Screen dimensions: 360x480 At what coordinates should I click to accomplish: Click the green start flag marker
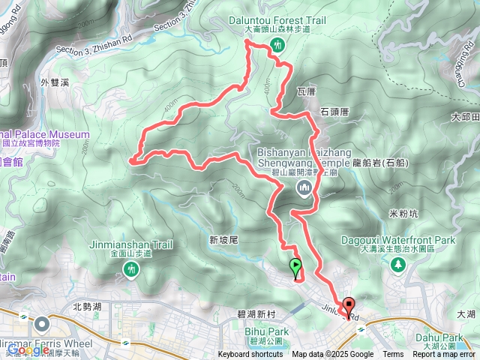295,267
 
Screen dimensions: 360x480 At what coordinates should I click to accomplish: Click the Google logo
28,349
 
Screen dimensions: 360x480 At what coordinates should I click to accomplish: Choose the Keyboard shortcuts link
250,355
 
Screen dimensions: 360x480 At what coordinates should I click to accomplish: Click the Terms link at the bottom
393,355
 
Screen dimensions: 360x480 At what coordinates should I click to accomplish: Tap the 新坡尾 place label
223,240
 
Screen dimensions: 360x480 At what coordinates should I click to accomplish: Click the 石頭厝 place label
334,111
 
